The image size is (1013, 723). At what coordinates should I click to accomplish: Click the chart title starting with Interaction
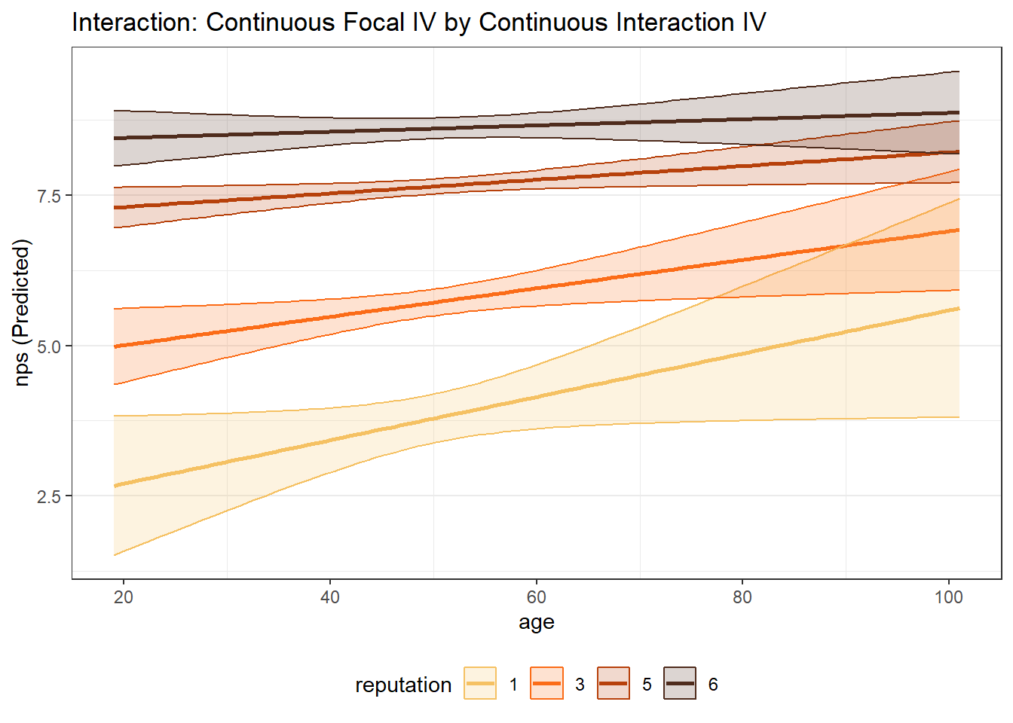(x=418, y=23)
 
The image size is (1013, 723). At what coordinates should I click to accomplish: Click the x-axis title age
(x=536, y=622)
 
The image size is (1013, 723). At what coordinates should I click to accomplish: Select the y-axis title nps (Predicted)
(x=22, y=313)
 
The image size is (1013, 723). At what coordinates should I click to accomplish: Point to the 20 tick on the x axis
(x=124, y=597)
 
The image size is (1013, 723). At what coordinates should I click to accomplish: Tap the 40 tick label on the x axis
(x=329, y=597)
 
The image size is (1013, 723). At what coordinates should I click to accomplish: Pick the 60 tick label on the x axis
(x=536, y=597)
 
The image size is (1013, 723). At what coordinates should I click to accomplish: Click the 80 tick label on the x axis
(x=742, y=597)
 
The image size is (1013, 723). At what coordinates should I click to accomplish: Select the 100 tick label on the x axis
(x=948, y=597)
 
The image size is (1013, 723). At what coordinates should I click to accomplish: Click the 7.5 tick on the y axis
(x=49, y=196)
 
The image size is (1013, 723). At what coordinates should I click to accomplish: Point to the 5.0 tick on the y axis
(x=49, y=346)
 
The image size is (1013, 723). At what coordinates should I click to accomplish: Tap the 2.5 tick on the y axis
(x=49, y=496)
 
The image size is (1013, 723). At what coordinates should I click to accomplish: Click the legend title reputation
(x=403, y=685)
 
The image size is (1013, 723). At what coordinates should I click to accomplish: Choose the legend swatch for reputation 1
(x=480, y=684)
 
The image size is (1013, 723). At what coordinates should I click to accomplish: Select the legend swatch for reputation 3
(x=546, y=684)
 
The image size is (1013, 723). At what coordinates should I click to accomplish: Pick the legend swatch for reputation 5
(x=613, y=684)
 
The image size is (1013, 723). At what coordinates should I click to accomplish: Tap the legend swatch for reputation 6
(x=680, y=684)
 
